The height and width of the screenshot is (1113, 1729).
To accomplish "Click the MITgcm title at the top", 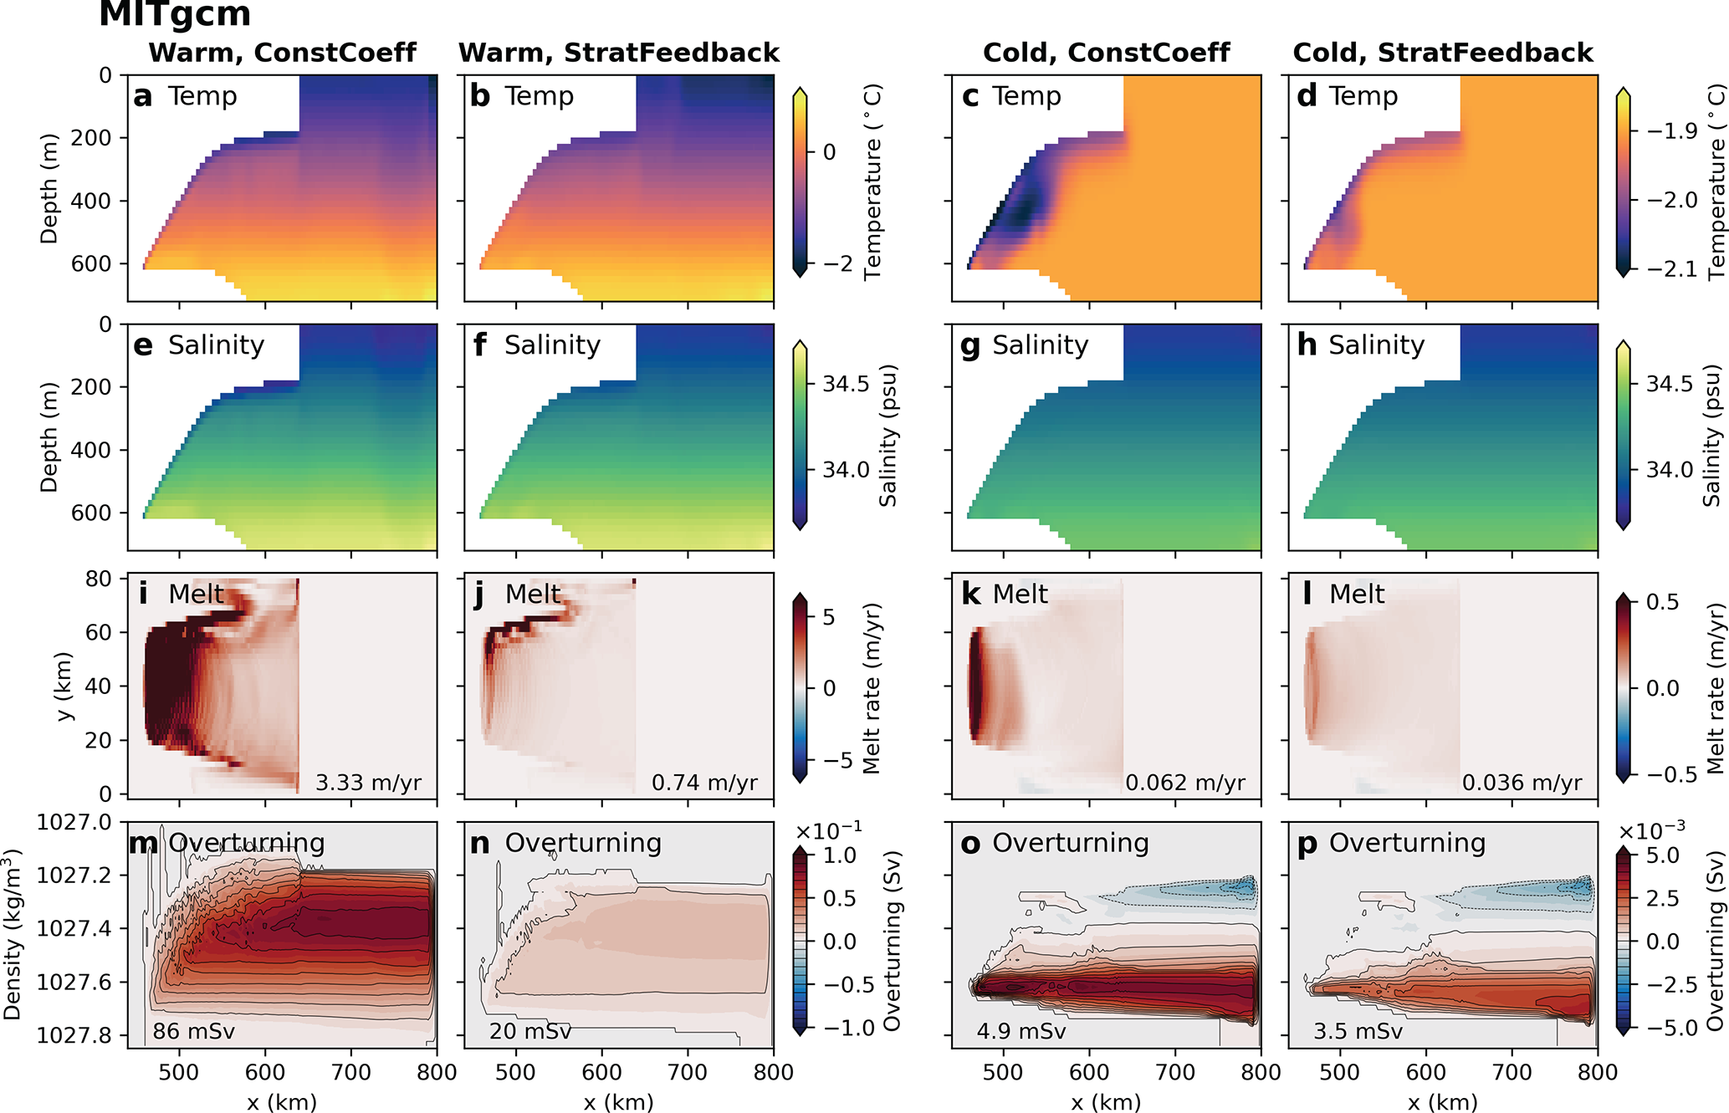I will point(175,14).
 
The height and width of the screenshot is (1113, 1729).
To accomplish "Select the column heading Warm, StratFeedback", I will point(619,53).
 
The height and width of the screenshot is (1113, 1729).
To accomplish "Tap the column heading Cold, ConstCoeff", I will point(1106,53).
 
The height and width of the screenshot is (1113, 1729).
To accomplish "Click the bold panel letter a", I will point(142,97).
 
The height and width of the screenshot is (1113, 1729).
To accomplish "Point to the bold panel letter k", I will point(971,595).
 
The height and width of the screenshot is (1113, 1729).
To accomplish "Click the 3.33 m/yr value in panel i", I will point(368,783).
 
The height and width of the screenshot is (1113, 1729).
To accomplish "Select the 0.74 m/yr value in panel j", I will point(704,783).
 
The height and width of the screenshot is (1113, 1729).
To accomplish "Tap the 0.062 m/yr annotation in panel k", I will point(1184,783).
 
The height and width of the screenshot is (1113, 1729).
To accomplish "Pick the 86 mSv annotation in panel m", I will point(194,1031).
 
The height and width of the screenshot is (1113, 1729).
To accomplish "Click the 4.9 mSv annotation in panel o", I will point(1021,1031).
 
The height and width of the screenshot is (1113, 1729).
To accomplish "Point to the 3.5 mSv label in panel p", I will point(1358,1031).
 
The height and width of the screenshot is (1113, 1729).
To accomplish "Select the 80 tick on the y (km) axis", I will point(98,579).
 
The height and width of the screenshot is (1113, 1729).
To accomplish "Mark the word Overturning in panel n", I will point(583,843).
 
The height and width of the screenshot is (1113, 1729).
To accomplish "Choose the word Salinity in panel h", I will point(1376,345).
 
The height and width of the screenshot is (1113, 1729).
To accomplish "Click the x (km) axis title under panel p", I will point(1442,1102).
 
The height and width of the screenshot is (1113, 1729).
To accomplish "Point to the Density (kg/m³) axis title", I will point(12,934).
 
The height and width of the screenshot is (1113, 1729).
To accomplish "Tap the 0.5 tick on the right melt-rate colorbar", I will point(1662,602).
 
